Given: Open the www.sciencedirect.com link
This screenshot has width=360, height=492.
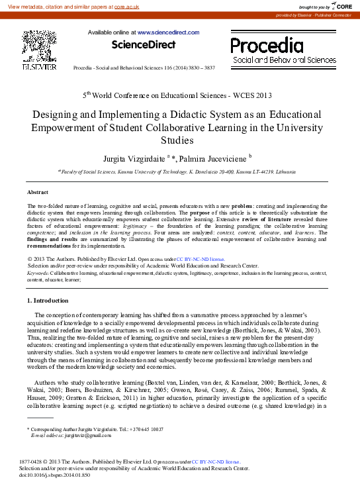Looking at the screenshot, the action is click(x=168, y=32).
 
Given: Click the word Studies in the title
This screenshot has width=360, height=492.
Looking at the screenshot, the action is click(x=180, y=140).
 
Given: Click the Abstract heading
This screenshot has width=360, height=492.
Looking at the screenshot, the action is click(x=38, y=192).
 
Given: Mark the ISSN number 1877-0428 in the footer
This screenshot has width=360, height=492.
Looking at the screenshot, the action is click(x=32, y=461).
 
